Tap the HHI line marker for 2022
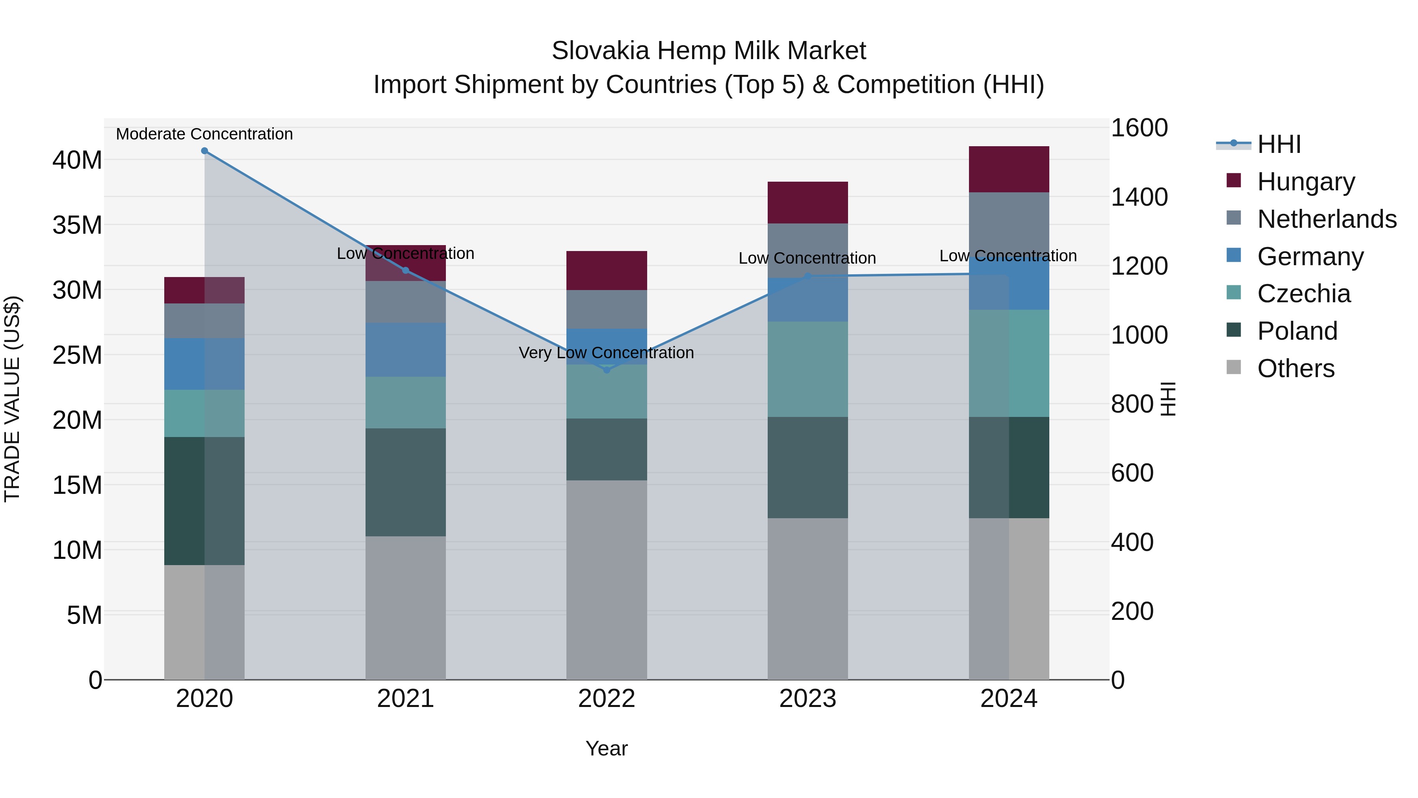coord(607,370)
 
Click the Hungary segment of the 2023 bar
coord(807,202)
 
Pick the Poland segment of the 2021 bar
coord(405,482)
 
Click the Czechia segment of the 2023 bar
coord(807,369)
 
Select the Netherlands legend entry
coord(1327,219)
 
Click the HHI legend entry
coord(1279,144)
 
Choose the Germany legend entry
coord(1310,257)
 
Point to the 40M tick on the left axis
coord(77,160)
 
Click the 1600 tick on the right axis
coord(1139,128)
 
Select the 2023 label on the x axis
coord(807,699)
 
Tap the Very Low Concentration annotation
coord(606,352)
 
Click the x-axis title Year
coord(607,748)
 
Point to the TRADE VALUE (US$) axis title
coord(12,399)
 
